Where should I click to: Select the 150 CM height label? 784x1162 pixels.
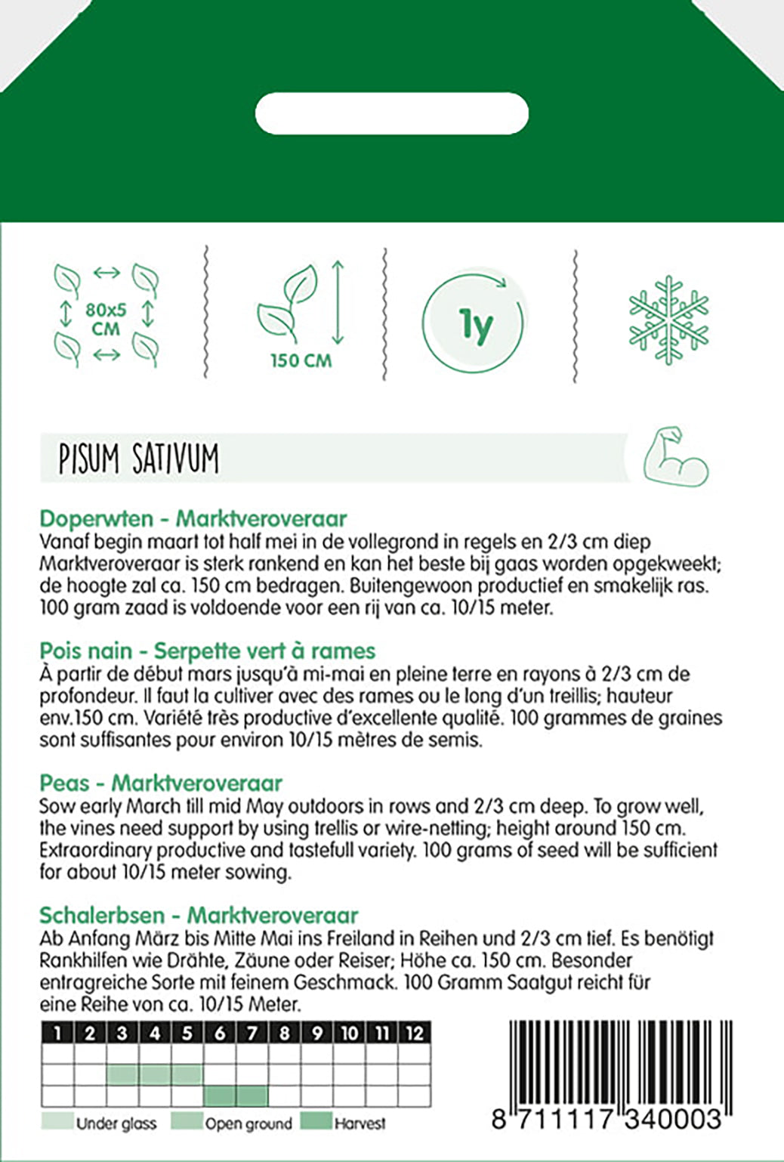tap(301, 360)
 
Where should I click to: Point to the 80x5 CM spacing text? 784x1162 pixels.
tap(106, 319)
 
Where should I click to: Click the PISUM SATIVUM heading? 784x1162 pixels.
tap(139, 459)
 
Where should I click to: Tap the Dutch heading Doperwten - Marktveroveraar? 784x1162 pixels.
tap(193, 518)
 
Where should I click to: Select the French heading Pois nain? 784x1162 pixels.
tap(207, 651)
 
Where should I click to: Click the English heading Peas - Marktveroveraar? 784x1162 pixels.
tap(160, 783)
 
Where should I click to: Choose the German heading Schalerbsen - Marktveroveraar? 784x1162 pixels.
tap(198, 915)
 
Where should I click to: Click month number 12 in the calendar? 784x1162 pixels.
tap(414, 1033)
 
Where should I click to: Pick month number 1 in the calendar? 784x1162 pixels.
tap(57, 1033)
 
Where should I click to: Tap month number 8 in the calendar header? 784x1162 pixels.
tap(284, 1033)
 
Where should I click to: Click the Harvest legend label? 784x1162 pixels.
tap(360, 1123)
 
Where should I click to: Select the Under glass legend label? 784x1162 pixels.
tap(116, 1123)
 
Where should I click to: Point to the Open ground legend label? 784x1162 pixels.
tap(248, 1123)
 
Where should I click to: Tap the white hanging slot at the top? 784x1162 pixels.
tap(392, 113)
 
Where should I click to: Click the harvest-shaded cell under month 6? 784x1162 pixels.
tap(220, 1095)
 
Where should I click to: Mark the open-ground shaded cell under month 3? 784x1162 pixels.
tap(122, 1074)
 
